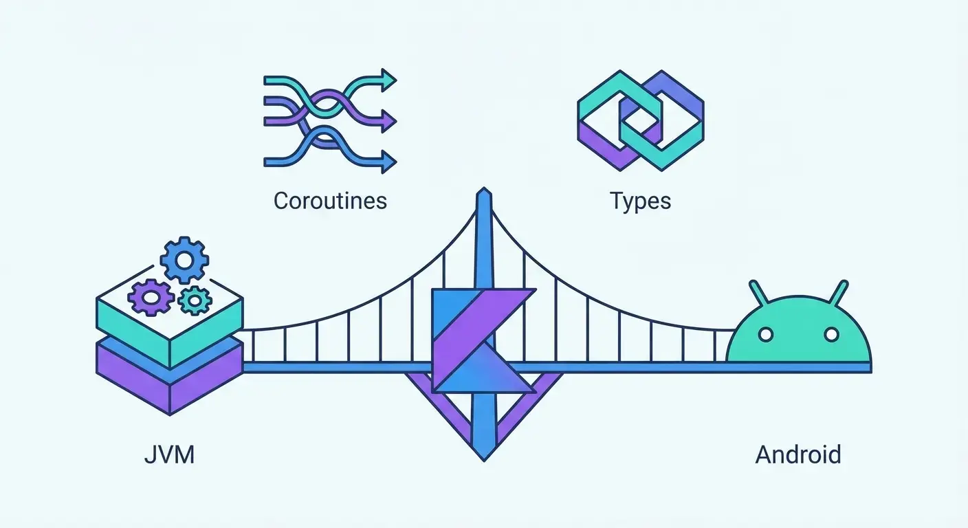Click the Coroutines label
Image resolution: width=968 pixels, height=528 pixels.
coord(330,201)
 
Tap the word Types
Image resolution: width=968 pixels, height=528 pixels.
coord(640,201)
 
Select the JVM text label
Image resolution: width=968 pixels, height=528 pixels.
coord(169,454)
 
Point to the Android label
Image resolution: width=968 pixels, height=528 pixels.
coord(798,454)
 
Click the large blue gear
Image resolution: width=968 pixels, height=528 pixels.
coord(184,259)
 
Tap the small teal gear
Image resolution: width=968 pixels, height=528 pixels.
coord(195,300)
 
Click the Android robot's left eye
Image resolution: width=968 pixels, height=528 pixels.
coord(765,335)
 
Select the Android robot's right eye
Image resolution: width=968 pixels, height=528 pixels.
coord(831,335)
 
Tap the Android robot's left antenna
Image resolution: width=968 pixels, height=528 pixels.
coord(758,292)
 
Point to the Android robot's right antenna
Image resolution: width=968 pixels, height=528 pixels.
coord(839,292)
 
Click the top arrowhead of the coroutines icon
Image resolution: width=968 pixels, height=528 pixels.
coord(390,81)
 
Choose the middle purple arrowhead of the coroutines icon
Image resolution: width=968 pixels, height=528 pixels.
coord(390,122)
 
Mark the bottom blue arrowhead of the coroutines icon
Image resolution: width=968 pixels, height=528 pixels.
coord(390,163)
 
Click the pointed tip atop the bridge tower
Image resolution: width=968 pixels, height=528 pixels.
coord(484,192)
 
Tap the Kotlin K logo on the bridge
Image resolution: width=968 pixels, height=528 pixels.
coord(481,340)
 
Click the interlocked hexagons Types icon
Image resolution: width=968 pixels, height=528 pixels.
coord(640,121)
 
